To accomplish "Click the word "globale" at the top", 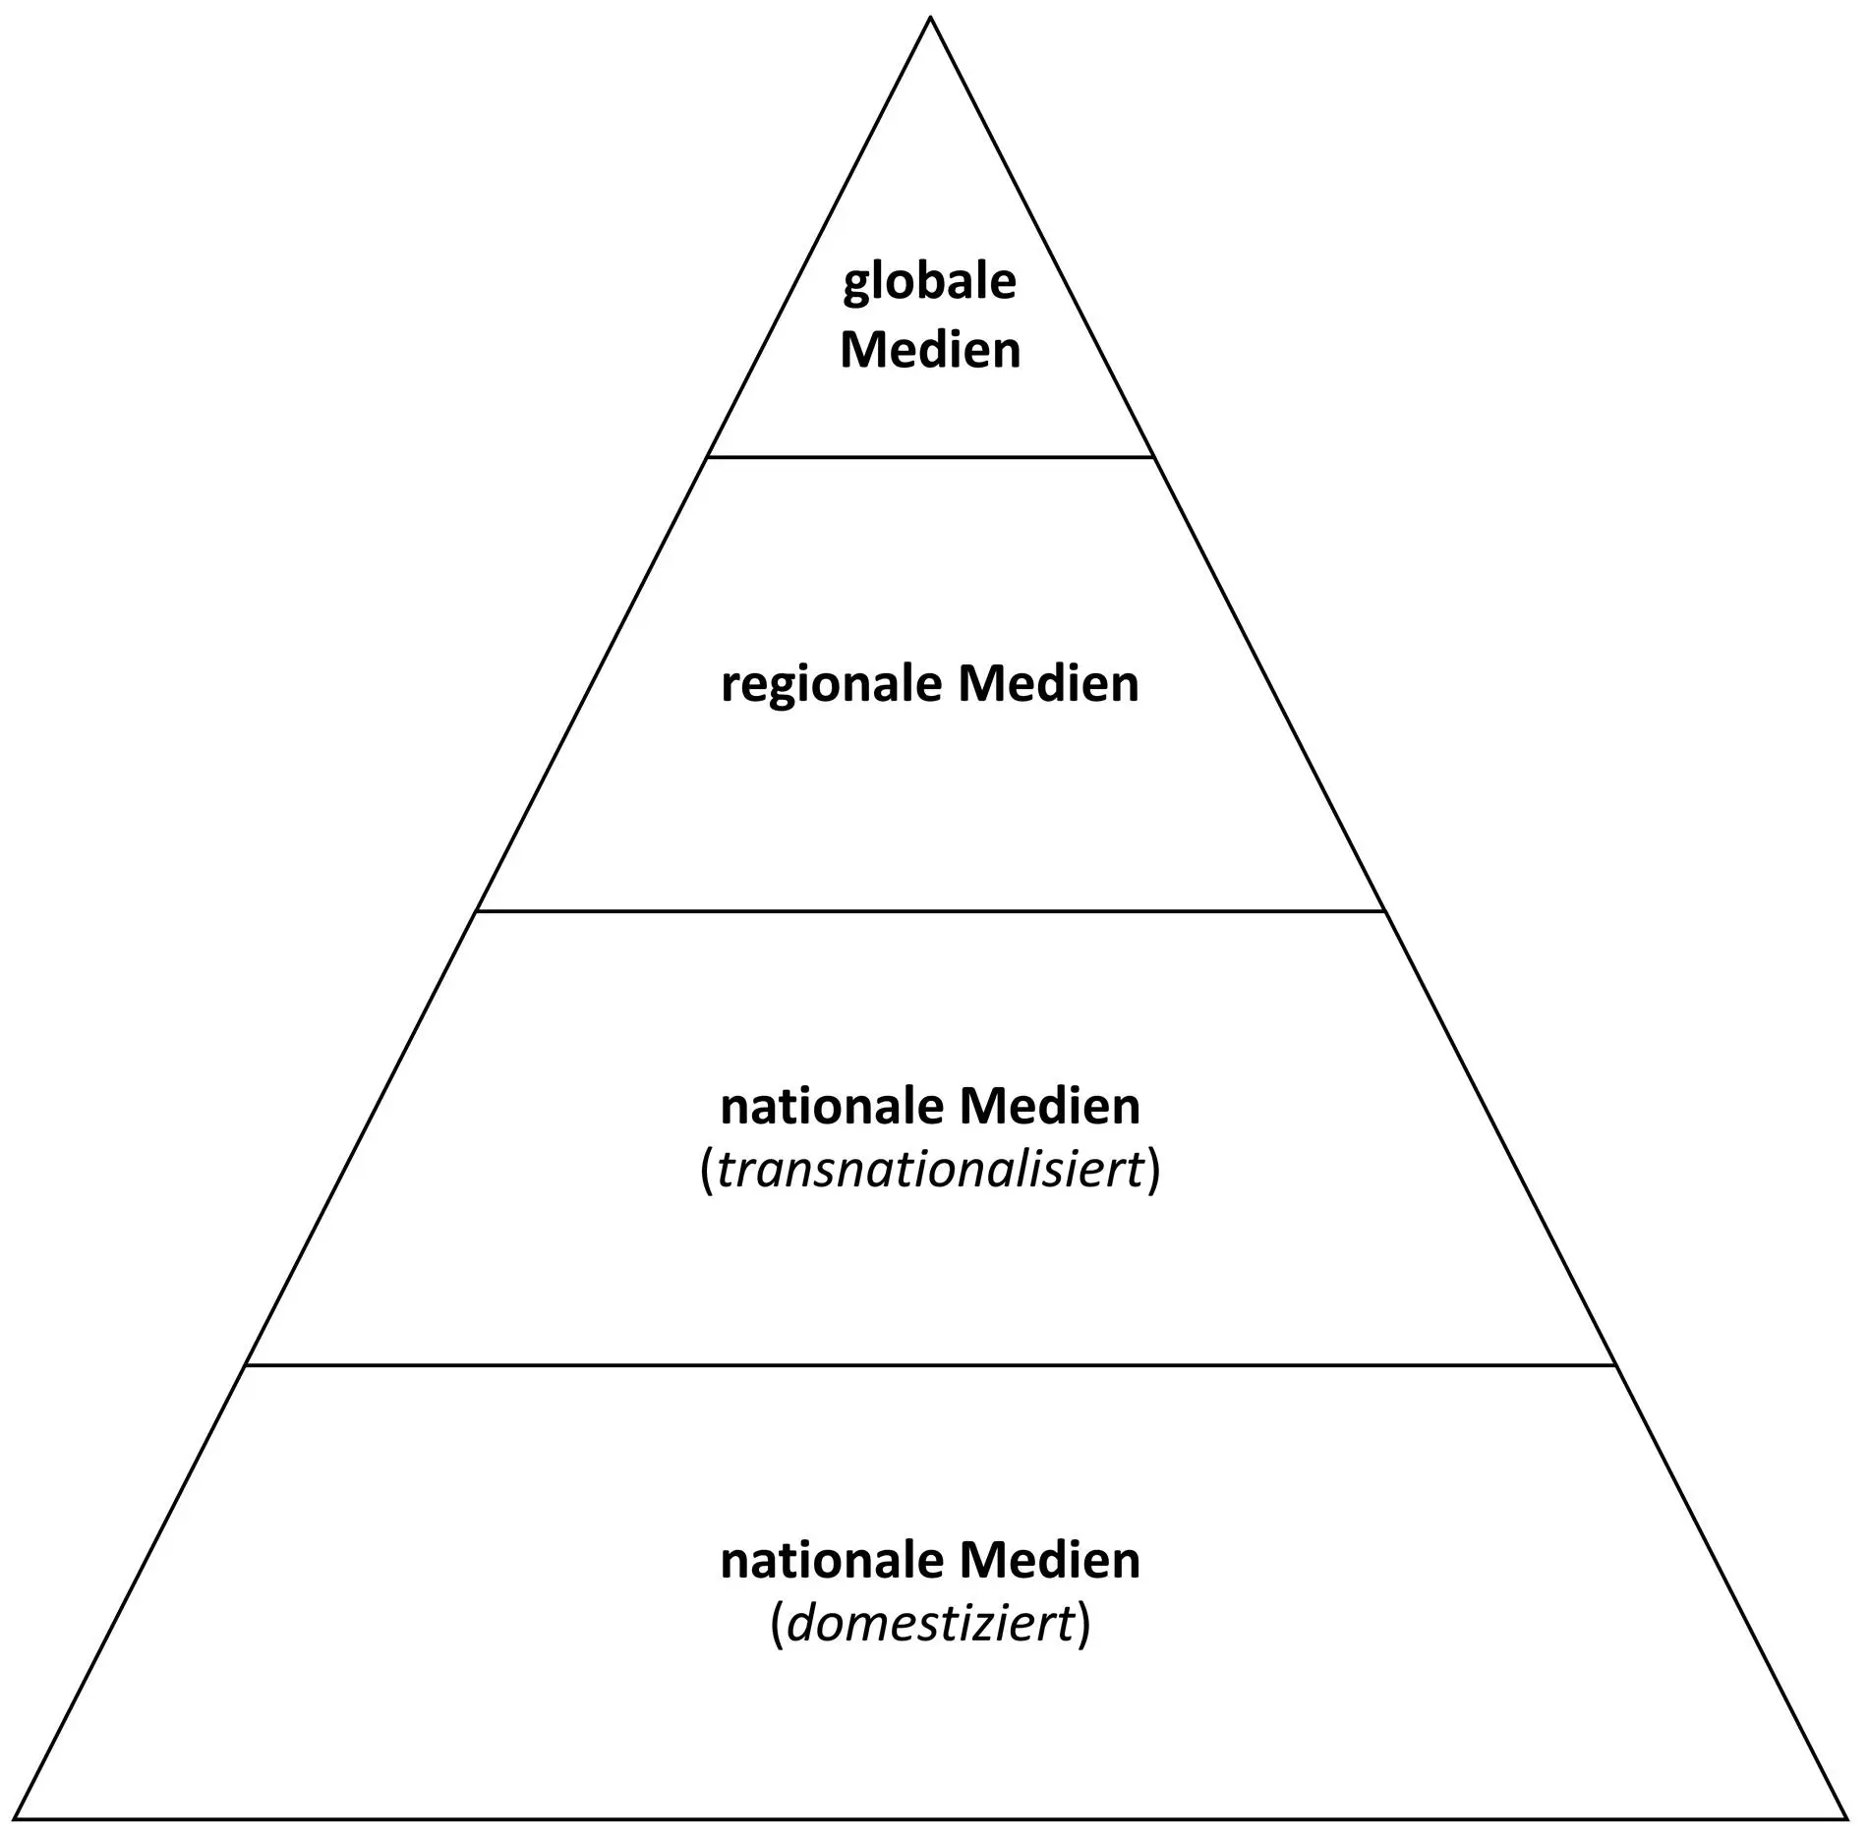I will pos(929,283).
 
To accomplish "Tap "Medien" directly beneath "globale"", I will pos(930,351).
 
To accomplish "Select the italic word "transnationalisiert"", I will pos(930,1170).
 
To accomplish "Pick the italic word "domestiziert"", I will pos(930,1623).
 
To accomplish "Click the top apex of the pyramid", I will pos(930,19).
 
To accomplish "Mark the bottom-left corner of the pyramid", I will pos(17,1818).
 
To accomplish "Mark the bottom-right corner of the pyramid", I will pos(1848,1818).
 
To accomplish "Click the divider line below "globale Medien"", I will pos(930,457).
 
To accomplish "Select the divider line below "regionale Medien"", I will pos(930,911).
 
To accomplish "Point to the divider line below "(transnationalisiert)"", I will pos(930,1365).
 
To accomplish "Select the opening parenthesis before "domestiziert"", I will pos(777,1625).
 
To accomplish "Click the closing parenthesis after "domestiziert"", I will pos(1083,1625).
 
